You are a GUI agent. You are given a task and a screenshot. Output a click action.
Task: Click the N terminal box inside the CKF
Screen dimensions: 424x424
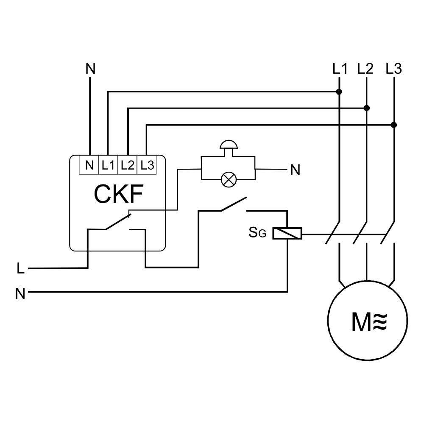point(89,165)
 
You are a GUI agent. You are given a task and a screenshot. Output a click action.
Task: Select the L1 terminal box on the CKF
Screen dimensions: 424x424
point(108,165)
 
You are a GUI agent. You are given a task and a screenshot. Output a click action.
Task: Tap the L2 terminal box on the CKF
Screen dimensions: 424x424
point(127,165)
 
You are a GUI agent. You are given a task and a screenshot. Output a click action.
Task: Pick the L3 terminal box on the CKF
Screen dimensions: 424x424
point(147,165)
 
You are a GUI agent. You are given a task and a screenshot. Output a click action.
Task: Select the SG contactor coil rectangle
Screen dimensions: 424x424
point(287,234)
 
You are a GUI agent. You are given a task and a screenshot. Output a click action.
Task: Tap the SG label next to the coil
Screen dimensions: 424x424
point(257,233)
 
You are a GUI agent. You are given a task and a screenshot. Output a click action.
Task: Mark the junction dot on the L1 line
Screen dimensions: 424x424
point(339,92)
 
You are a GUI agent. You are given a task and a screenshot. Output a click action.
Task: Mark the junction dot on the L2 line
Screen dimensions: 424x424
point(367,108)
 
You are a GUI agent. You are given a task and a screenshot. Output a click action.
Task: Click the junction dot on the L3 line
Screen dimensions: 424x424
point(394,125)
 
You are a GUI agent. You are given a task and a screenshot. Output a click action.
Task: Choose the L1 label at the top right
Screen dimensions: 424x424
point(340,69)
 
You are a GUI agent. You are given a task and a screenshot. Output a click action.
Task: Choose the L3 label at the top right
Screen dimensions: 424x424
point(394,69)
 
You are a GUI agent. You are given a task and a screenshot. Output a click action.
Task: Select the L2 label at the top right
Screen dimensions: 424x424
point(365,69)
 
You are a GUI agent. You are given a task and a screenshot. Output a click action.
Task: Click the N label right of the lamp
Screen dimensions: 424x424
point(295,170)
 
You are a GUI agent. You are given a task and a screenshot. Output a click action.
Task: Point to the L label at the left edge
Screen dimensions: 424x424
point(20,268)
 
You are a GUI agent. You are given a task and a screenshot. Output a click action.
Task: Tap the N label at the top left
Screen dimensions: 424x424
point(90,69)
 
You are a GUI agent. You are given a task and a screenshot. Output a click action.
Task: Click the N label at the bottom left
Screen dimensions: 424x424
point(20,293)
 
